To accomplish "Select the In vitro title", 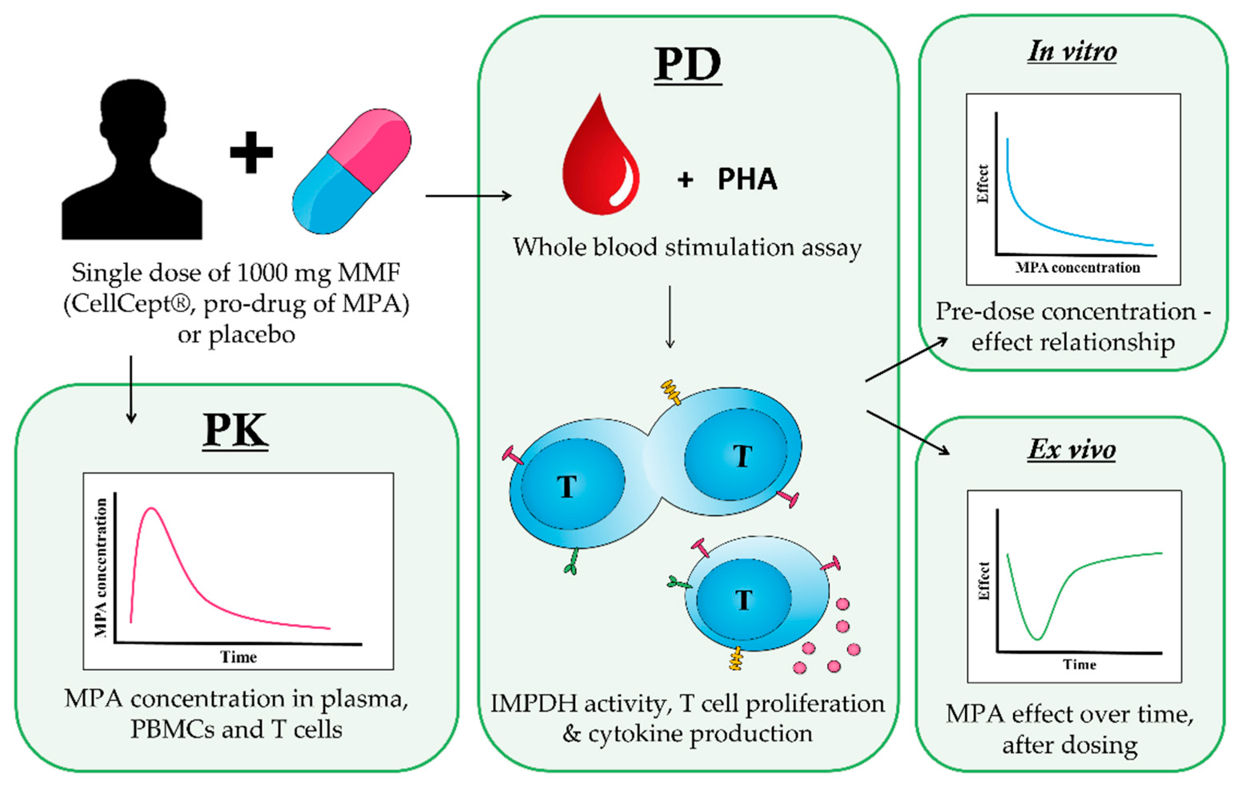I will point(1072,52).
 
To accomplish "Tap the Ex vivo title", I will point(1072,450).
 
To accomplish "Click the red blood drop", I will point(600,160).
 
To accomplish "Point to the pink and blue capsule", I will point(352,171).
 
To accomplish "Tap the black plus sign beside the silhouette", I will point(251,153).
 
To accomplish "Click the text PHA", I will point(747,179).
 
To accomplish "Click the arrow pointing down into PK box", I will point(131,389).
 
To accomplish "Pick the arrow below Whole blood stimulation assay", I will point(670,317).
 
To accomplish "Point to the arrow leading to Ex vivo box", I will point(908,433).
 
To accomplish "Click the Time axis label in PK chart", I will point(238,657).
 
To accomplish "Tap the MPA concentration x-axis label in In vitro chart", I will point(1078,268).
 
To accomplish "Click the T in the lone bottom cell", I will point(743,600).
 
